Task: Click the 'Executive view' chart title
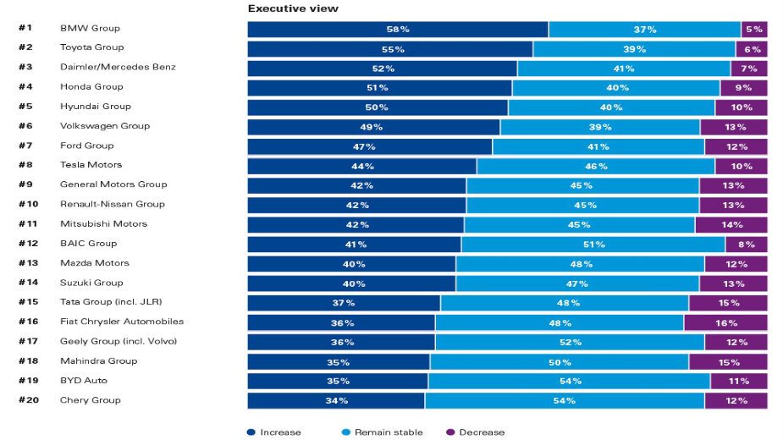pos(293,8)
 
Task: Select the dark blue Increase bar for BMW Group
pos(398,30)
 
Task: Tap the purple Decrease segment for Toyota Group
pos(752,49)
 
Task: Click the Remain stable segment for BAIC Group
pos(593,245)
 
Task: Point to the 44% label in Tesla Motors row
pos(362,166)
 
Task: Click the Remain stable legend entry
pos(383,432)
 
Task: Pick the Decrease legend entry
pos(476,432)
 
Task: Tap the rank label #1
pos(25,28)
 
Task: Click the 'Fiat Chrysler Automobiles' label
pos(121,322)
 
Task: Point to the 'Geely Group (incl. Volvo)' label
pos(119,341)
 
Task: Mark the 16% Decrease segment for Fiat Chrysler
pos(725,322)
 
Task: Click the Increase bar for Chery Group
pos(336,401)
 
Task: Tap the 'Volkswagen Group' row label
pos(104,126)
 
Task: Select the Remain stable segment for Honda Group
pos(616,88)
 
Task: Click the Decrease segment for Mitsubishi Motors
pos(731,225)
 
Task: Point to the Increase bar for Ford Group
pos(369,146)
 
